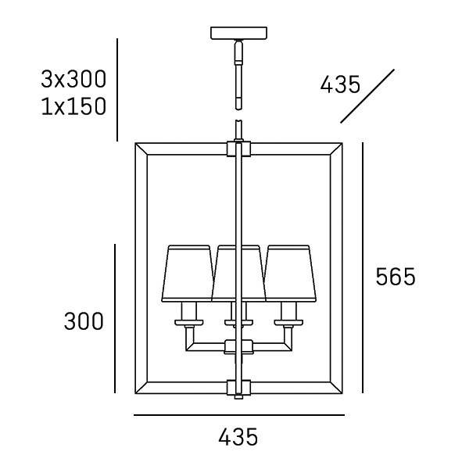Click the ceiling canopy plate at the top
(x=238, y=34)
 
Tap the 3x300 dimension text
(x=73, y=79)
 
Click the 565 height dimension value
(x=396, y=277)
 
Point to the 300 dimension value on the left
(x=83, y=321)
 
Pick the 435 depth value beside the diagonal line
(x=340, y=84)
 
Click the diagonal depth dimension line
(x=367, y=95)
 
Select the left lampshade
(x=188, y=273)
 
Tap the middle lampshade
(x=238, y=273)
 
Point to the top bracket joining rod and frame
(x=238, y=148)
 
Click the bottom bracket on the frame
(x=238, y=387)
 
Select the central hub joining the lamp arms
(x=238, y=346)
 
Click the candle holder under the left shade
(x=188, y=314)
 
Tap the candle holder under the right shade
(x=289, y=314)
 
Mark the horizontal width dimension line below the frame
(x=238, y=415)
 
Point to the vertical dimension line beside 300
(x=115, y=319)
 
